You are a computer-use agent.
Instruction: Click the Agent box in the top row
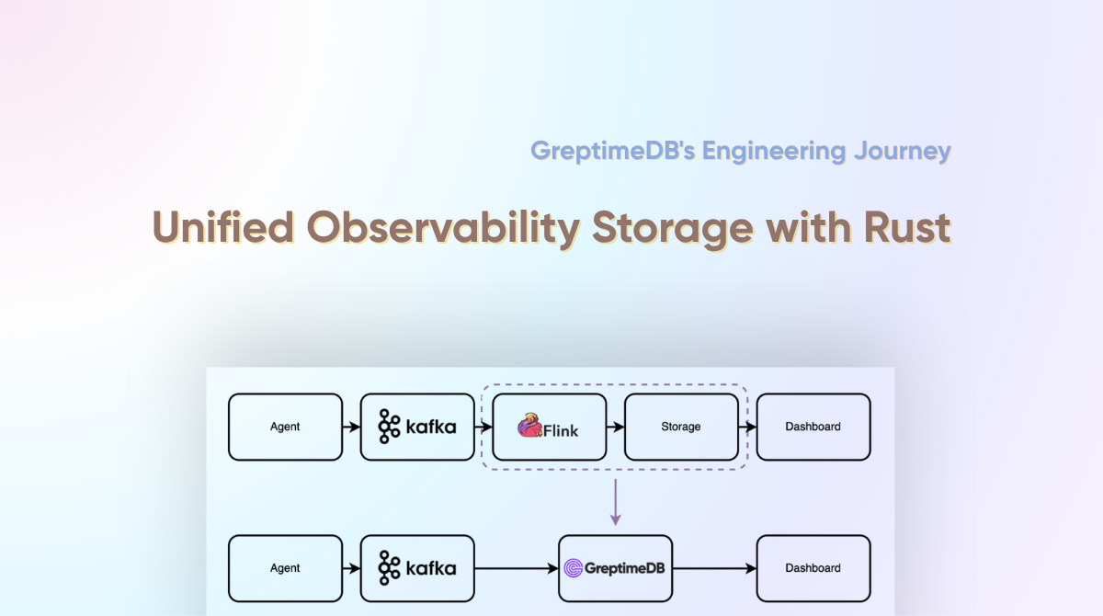[285, 427]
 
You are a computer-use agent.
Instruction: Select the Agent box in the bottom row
[285, 568]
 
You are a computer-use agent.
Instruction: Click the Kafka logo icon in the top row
[389, 427]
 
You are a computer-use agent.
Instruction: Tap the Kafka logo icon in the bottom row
[389, 568]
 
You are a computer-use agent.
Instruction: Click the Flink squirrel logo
[529, 426]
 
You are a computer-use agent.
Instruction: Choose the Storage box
[681, 427]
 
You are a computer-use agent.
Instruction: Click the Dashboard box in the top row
[813, 427]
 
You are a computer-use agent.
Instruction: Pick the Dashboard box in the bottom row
[813, 568]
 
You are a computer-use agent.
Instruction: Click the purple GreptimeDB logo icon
[574, 568]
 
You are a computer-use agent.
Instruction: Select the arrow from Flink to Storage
[615, 427]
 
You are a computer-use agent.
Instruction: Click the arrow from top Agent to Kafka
[351, 427]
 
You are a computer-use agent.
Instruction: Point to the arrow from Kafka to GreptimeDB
[517, 568]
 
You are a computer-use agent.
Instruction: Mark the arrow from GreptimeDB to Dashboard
[714, 568]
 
